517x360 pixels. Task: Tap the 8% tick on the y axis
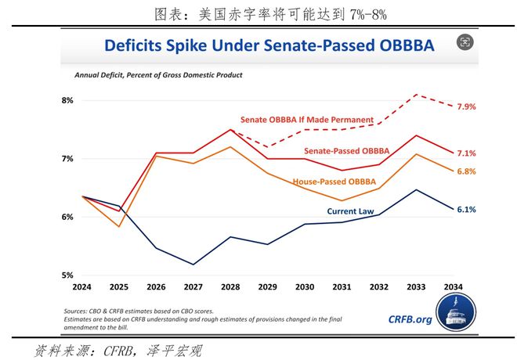[x=67, y=100]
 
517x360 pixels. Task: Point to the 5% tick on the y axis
[x=67, y=275]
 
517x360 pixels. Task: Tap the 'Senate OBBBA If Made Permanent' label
[x=306, y=120]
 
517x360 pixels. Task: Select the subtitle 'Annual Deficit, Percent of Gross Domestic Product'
[x=159, y=75]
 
